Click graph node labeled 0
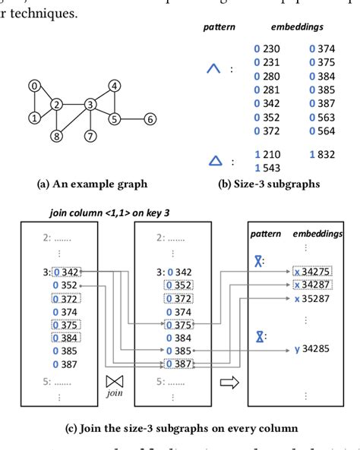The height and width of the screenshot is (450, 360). coord(34,86)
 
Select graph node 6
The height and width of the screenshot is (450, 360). coord(150,119)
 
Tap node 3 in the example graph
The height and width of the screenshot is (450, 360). coord(90,104)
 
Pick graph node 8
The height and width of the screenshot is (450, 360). coord(56,137)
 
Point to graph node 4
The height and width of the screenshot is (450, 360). coord(114,86)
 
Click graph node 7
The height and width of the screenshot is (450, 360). coord(90,137)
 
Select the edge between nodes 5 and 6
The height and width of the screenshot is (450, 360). coord(131,119)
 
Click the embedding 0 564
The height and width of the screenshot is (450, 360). coord(322,131)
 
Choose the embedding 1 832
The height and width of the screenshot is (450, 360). coord(322,154)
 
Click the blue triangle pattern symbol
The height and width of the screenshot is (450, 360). coord(215,160)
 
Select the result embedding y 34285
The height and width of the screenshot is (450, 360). coord(311,349)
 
